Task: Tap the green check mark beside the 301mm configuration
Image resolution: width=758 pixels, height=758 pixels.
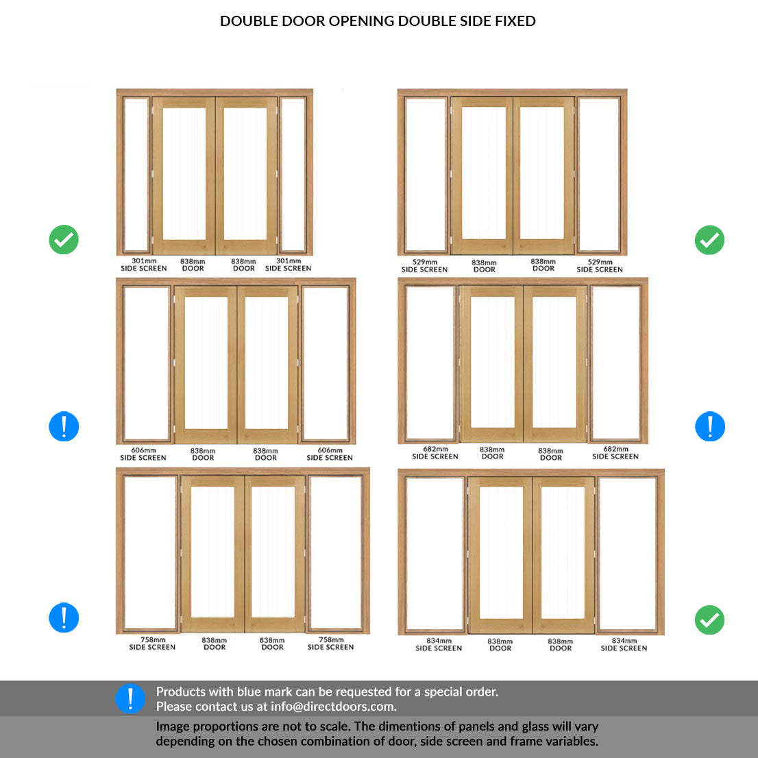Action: click(x=64, y=239)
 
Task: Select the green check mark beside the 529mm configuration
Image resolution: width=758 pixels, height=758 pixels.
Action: click(x=709, y=240)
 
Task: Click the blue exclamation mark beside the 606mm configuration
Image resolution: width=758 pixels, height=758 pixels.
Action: click(x=64, y=426)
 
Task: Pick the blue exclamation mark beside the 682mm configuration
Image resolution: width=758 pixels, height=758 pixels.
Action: click(x=709, y=426)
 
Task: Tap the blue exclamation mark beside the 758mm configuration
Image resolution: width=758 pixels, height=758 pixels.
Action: click(x=64, y=618)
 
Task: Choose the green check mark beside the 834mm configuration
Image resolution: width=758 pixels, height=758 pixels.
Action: click(x=709, y=620)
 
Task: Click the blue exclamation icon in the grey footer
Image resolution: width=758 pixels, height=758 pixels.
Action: click(x=130, y=698)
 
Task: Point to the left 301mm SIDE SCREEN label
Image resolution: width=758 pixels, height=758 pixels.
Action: click(x=143, y=265)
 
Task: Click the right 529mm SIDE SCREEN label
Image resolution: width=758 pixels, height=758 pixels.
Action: click(x=600, y=266)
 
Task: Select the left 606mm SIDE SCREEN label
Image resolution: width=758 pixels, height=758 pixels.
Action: click(x=143, y=454)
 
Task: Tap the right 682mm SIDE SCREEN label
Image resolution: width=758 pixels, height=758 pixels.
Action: click(x=615, y=452)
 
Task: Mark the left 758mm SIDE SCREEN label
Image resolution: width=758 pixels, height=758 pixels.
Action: click(x=152, y=644)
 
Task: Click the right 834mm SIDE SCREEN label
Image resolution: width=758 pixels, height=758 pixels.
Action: click(x=624, y=644)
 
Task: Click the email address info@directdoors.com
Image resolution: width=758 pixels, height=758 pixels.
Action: click(x=334, y=707)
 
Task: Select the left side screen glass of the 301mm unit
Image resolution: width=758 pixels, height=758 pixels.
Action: click(x=136, y=175)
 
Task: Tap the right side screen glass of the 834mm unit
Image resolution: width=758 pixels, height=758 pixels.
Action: click(x=627, y=554)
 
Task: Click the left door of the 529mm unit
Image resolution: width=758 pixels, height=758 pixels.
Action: click(x=482, y=175)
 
